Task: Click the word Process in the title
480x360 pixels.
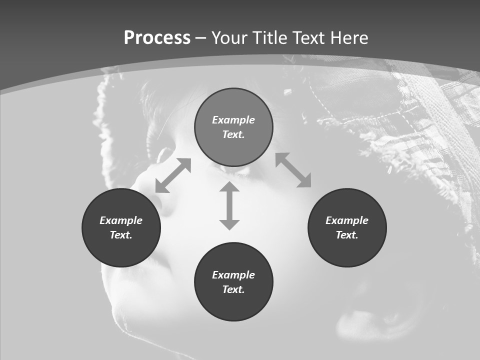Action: pos(157,38)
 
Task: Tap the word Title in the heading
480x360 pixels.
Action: pos(270,38)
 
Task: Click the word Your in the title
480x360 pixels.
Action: pos(230,38)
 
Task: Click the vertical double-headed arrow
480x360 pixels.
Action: pos(229,205)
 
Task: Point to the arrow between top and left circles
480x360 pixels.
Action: pos(173,175)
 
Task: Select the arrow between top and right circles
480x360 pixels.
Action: pos(293,170)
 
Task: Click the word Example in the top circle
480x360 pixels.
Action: pos(233,120)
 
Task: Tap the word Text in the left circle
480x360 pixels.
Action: pos(121,235)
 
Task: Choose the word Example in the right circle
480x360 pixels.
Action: pos(347,220)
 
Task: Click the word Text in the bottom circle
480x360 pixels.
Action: pos(233,289)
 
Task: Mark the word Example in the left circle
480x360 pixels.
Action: pos(121,220)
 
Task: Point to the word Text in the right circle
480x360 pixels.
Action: pos(347,235)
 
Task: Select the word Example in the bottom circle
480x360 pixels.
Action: pos(233,275)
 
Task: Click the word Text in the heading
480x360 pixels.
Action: pos(308,38)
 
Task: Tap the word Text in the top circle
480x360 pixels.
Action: pos(233,134)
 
